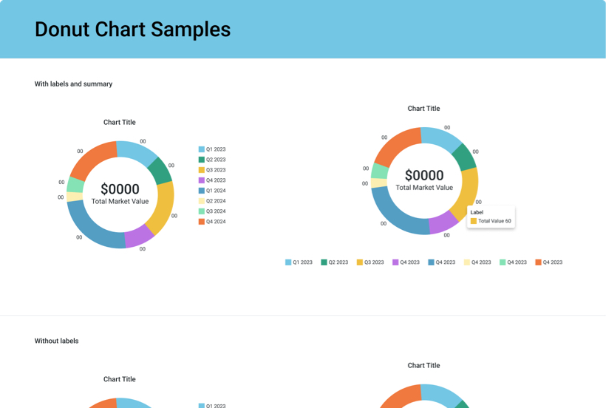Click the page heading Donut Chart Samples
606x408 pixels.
tap(132, 30)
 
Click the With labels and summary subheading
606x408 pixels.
tap(73, 84)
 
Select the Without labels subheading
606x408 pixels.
tap(56, 341)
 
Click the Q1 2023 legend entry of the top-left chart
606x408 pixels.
tap(212, 149)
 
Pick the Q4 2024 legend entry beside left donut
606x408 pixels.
tap(212, 222)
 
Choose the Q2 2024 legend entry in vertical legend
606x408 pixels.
tap(212, 201)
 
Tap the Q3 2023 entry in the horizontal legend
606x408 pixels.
tap(370, 262)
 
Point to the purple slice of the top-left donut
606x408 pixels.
tap(138, 237)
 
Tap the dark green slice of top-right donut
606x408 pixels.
tap(463, 157)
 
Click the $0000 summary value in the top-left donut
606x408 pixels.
tap(120, 189)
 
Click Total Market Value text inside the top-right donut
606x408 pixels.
tap(424, 188)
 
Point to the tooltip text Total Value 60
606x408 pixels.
tap(494, 221)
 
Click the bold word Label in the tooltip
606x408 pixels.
tap(477, 212)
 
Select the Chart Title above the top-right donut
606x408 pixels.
tap(423, 109)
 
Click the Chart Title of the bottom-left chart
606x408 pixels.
tap(120, 379)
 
